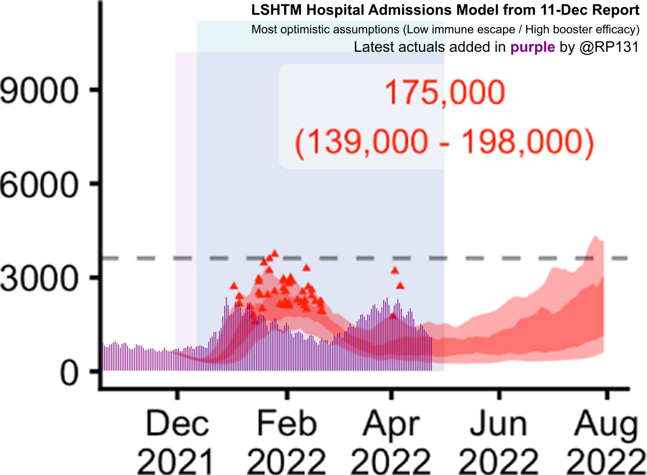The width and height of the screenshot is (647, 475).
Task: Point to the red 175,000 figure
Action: click(x=444, y=94)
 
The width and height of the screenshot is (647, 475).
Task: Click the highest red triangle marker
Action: click(x=274, y=253)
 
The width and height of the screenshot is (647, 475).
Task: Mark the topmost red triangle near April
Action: click(x=395, y=271)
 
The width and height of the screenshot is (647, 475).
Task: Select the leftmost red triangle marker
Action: click(x=233, y=286)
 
